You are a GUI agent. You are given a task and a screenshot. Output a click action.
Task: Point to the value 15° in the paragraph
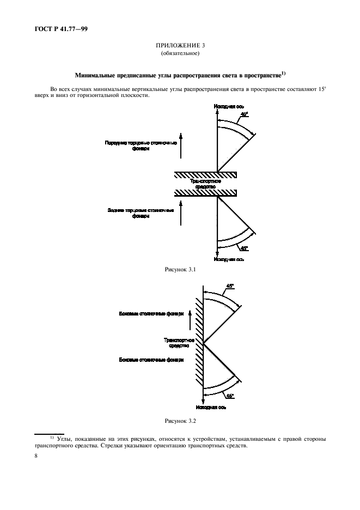pos(321,88)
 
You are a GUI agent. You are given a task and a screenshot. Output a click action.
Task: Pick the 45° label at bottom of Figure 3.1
pos(243,248)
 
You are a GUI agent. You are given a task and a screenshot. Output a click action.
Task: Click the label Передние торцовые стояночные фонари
pos(141,145)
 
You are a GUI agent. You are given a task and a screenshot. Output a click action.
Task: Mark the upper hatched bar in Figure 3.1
pos(205,174)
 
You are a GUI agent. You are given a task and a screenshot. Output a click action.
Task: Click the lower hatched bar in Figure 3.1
pos(205,193)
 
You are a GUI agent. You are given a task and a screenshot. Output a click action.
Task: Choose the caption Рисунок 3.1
pos(179,269)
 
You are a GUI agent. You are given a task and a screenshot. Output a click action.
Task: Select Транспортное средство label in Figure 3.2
pos(176,343)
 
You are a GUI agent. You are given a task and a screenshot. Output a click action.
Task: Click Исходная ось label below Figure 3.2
pos(213,406)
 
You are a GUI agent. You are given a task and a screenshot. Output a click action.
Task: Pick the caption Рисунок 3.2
pos(179,422)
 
